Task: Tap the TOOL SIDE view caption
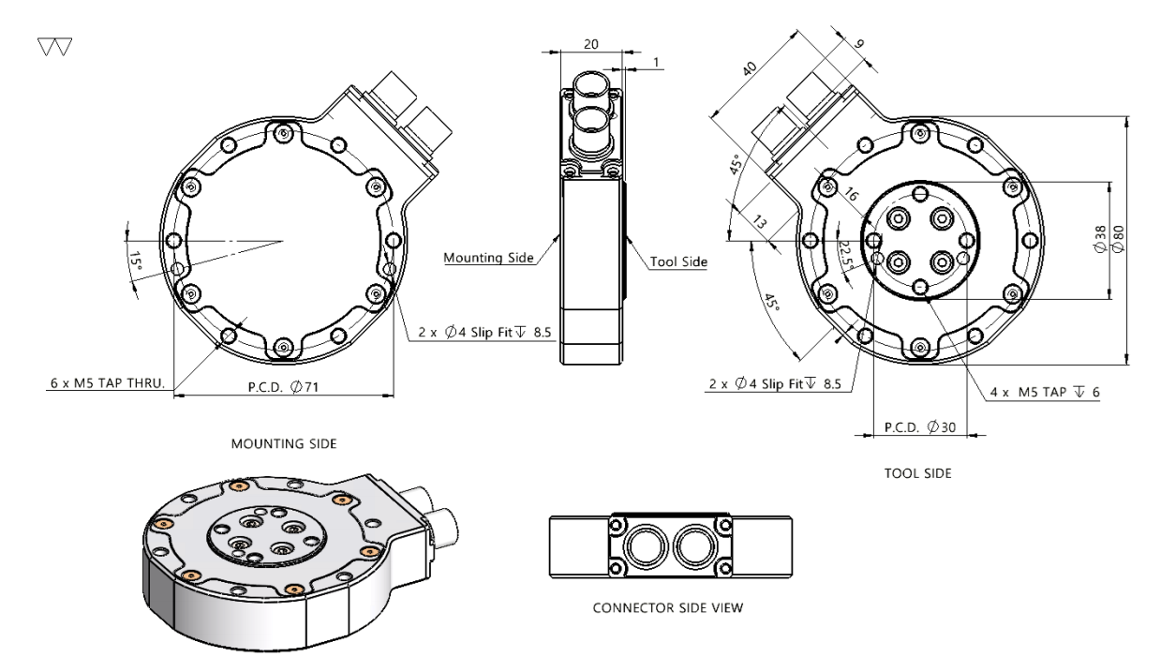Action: [918, 474]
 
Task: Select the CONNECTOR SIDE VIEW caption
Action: [669, 607]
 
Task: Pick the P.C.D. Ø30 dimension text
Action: [918, 427]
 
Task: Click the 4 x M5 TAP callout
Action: [1045, 391]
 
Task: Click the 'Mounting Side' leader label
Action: [487, 257]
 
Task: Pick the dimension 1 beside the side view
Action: [657, 62]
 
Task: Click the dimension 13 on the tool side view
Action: [758, 223]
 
